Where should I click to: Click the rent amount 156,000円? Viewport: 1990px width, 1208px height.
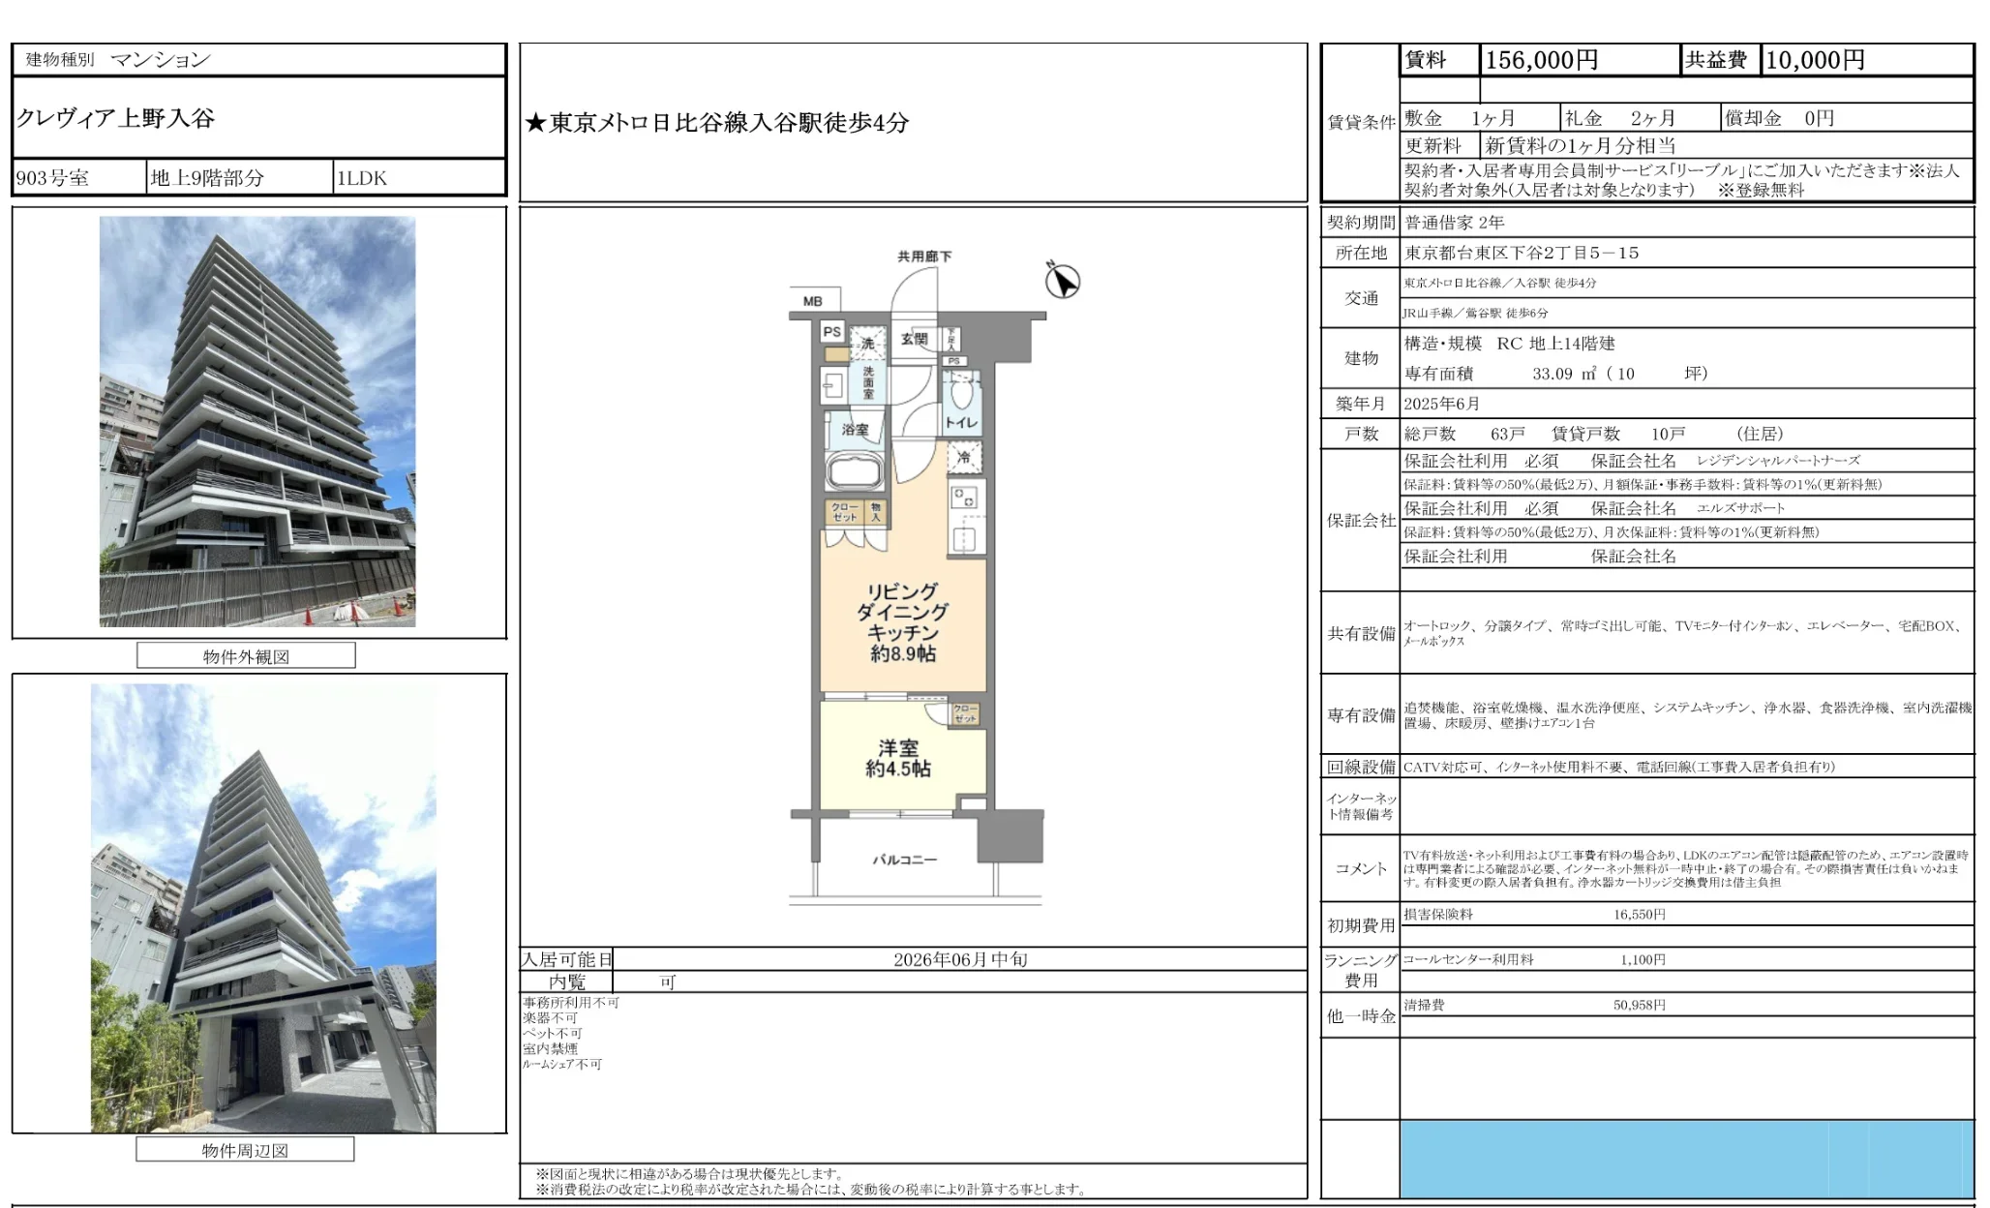[1541, 60]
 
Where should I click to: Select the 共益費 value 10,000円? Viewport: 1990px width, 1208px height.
[1815, 60]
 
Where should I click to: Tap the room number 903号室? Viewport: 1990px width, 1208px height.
[52, 178]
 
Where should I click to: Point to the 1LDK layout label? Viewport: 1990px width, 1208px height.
[361, 178]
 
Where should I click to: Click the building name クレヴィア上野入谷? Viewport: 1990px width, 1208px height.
[115, 118]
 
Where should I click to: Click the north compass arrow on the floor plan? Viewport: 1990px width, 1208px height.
[1062, 281]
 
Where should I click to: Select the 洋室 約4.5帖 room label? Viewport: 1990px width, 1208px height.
[898, 758]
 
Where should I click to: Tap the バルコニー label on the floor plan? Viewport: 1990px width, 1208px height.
[904, 860]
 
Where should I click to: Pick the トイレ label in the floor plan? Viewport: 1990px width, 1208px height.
[961, 422]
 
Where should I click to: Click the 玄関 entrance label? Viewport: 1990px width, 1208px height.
[914, 339]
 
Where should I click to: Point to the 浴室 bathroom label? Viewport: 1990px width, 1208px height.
[855, 429]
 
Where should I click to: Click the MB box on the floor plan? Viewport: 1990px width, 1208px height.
[813, 301]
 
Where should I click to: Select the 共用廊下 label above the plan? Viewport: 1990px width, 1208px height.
[923, 257]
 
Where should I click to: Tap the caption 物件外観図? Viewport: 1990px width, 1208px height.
[246, 656]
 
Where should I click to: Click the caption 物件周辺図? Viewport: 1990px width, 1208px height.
[245, 1150]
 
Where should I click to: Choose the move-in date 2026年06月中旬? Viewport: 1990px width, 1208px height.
[959, 959]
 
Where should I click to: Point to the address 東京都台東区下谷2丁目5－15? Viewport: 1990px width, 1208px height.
[1522, 253]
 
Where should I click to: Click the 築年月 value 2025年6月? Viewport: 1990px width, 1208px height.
[1441, 404]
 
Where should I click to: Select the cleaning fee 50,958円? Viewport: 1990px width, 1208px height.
[1639, 1005]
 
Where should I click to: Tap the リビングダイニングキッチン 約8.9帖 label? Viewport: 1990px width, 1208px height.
[902, 622]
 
